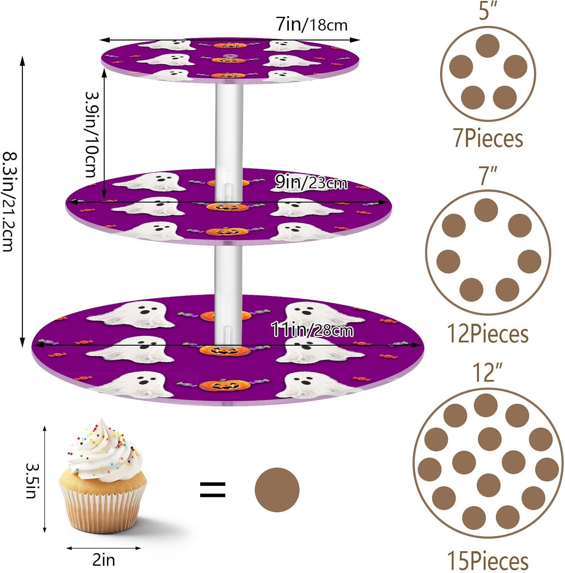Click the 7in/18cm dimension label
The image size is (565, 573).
(312, 25)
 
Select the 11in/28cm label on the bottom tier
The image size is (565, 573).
(312, 329)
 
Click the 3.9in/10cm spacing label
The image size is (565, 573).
(92, 134)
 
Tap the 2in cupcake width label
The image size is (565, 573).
(104, 560)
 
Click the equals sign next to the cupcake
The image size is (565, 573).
(213, 490)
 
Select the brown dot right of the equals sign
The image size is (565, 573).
(277, 490)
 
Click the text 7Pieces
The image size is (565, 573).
(488, 138)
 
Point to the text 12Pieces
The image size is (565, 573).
(488, 334)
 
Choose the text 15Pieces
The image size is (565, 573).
(488, 561)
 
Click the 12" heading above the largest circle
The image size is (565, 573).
(487, 372)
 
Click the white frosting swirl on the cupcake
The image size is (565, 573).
(103, 451)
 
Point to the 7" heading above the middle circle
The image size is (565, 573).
(488, 176)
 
